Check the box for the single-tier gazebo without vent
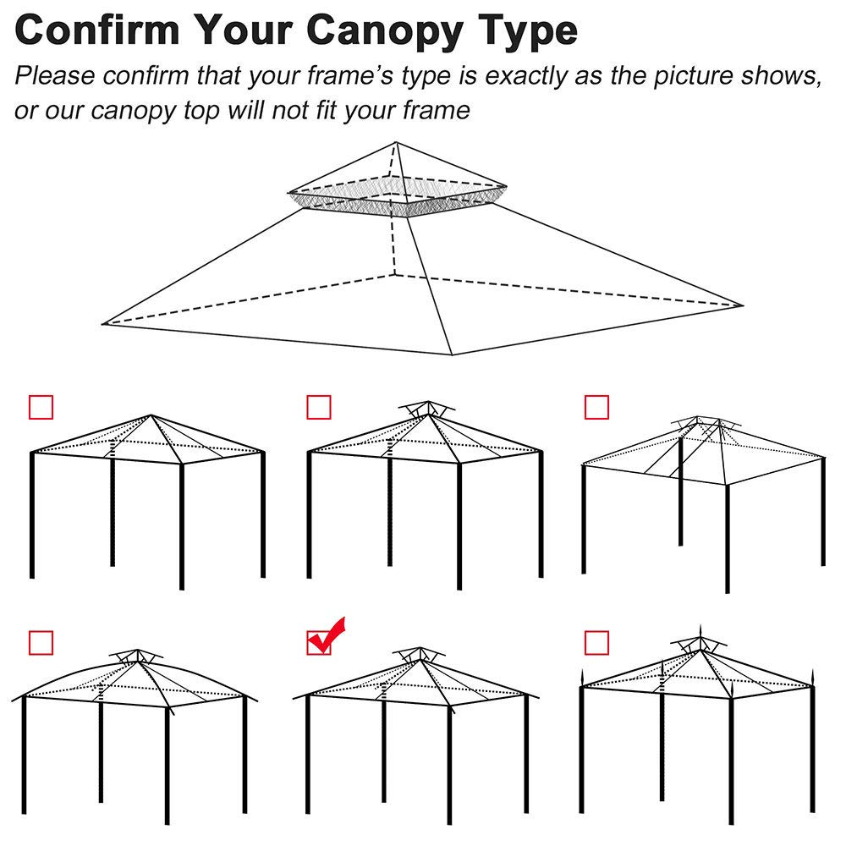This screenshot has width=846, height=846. tap(41, 407)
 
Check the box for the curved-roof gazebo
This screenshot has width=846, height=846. tap(41, 642)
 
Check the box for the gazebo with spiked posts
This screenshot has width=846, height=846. tap(596, 642)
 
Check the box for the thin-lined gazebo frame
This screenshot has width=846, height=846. tap(596, 407)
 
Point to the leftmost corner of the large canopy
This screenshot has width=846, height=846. tap(104, 323)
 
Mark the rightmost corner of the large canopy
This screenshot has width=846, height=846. tap(742, 305)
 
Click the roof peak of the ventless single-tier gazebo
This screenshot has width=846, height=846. tap(151, 415)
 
